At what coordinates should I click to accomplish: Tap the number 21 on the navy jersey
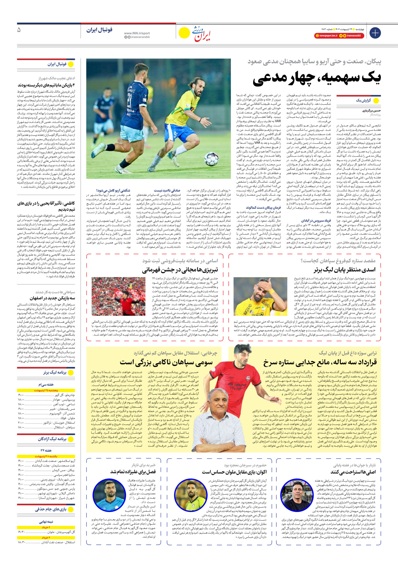click(130, 101)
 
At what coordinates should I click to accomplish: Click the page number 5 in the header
click(19, 30)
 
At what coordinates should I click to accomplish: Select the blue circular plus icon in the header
click(375, 32)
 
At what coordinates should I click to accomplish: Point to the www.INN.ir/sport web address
click(137, 33)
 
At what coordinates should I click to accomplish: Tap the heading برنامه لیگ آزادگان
click(52, 439)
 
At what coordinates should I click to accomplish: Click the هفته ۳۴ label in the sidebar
click(46, 450)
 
